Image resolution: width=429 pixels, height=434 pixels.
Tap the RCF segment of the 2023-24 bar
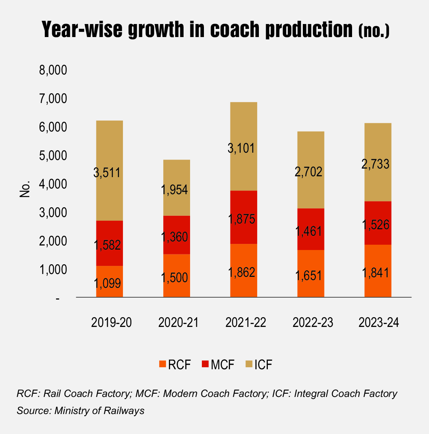coord(378,271)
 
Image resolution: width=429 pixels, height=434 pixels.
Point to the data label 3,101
coord(243,148)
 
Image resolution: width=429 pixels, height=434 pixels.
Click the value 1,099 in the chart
coord(109,282)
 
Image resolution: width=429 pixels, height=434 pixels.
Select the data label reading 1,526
coord(378,224)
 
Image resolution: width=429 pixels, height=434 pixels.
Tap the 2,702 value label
coord(311,171)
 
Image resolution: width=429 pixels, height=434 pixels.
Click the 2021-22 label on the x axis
coord(243,322)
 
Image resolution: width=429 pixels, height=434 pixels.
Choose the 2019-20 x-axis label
coord(109,322)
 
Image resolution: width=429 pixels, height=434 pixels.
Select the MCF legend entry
coord(217,364)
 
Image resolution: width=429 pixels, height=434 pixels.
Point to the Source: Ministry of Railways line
coord(81,411)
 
